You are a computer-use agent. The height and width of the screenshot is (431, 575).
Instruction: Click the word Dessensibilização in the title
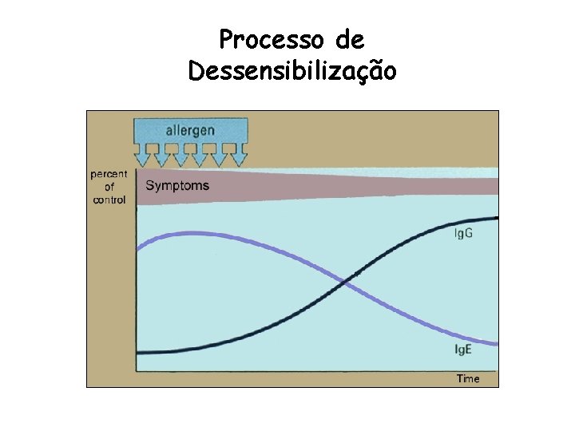pos(291,72)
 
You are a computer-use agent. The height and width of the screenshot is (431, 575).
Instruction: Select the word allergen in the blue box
pos(191,129)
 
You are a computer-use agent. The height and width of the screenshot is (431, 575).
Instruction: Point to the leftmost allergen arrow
pos(148,156)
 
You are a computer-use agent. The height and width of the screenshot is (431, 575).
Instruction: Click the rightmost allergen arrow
pos(232,156)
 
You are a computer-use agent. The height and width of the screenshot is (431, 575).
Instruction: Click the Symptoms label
pos(177,186)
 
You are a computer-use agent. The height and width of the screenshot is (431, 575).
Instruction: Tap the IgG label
pos(464,233)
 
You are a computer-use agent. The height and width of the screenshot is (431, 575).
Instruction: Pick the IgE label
pos(463,350)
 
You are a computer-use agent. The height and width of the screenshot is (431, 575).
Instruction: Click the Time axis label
pos(468,378)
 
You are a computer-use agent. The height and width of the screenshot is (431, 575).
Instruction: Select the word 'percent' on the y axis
pos(109,174)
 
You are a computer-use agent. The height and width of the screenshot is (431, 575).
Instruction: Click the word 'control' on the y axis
pos(109,200)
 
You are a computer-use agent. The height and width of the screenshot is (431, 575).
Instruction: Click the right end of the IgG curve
pos(497,218)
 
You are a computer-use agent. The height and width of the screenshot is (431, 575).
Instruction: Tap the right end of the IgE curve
pos(496,344)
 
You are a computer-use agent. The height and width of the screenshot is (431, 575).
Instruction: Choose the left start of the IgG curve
pos(139,352)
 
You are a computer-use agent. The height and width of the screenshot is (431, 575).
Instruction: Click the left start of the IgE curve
pos(139,248)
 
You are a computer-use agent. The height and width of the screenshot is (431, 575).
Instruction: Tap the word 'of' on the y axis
pos(109,188)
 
